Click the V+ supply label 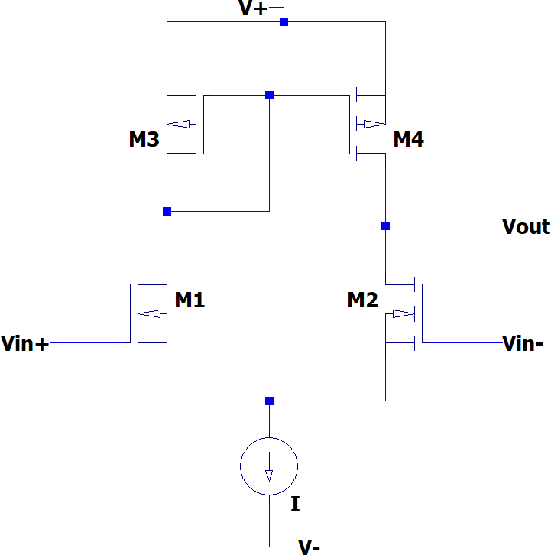click(254, 9)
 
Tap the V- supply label click(309, 546)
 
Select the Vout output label click(526, 226)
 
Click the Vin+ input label click(25, 344)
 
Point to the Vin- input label click(523, 344)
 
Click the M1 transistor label click(190, 300)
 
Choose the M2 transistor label click(363, 300)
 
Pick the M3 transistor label click(144, 140)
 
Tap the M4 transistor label click(408, 140)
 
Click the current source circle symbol click(269, 466)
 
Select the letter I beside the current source click(295, 505)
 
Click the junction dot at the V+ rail click(284, 22)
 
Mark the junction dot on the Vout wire click(385, 226)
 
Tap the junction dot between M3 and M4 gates click(269, 96)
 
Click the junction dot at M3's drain click(167, 211)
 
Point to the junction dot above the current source click(269, 401)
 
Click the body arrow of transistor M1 click(151, 313)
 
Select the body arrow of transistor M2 click(400, 313)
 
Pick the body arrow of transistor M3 click(180, 124)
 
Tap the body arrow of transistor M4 click(372, 124)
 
